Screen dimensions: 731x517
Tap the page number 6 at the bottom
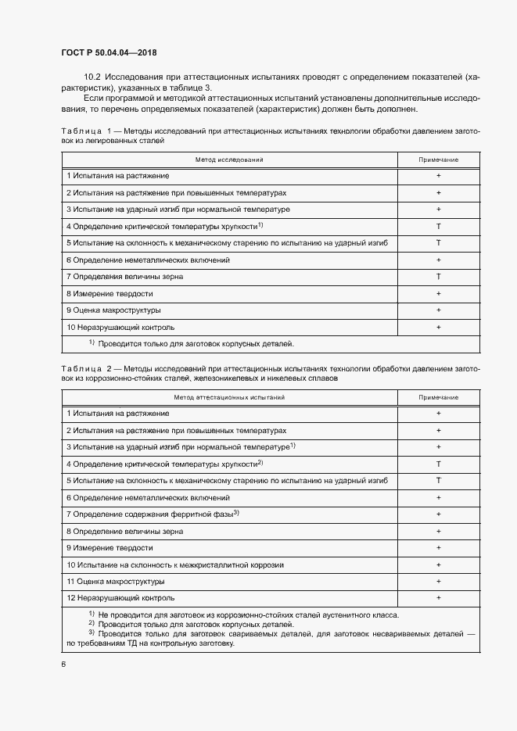coord(63,664)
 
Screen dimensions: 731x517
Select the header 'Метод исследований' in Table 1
coord(229,159)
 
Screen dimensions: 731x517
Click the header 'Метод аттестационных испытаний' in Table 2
coord(229,397)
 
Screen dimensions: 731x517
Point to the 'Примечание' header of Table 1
coord(439,159)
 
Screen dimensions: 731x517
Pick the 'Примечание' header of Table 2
coord(439,397)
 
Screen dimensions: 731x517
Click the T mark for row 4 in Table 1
coord(439,227)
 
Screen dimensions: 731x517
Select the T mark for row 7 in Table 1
coord(439,277)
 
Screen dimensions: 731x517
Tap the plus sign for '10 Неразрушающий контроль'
coord(439,327)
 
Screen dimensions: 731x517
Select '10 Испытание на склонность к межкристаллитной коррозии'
coord(174,564)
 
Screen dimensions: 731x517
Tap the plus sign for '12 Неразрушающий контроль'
coord(439,597)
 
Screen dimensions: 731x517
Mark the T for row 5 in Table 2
coord(439,480)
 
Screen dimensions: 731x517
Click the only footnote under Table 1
coord(191,343)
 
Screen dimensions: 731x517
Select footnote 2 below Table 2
coord(191,624)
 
